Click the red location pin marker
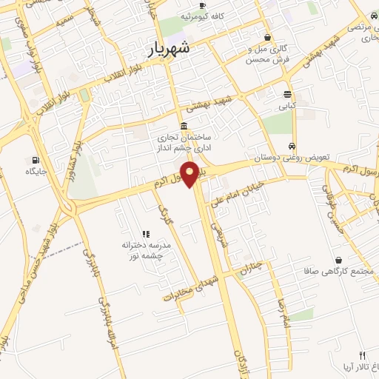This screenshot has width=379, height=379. [190, 173]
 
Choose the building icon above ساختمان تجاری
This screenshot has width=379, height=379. [184, 126]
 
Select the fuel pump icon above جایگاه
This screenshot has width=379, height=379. [36, 159]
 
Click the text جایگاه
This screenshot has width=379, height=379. [36, 172]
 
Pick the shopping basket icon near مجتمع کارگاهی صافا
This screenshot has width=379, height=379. [339, 260]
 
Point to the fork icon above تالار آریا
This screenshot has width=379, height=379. [362, 356]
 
